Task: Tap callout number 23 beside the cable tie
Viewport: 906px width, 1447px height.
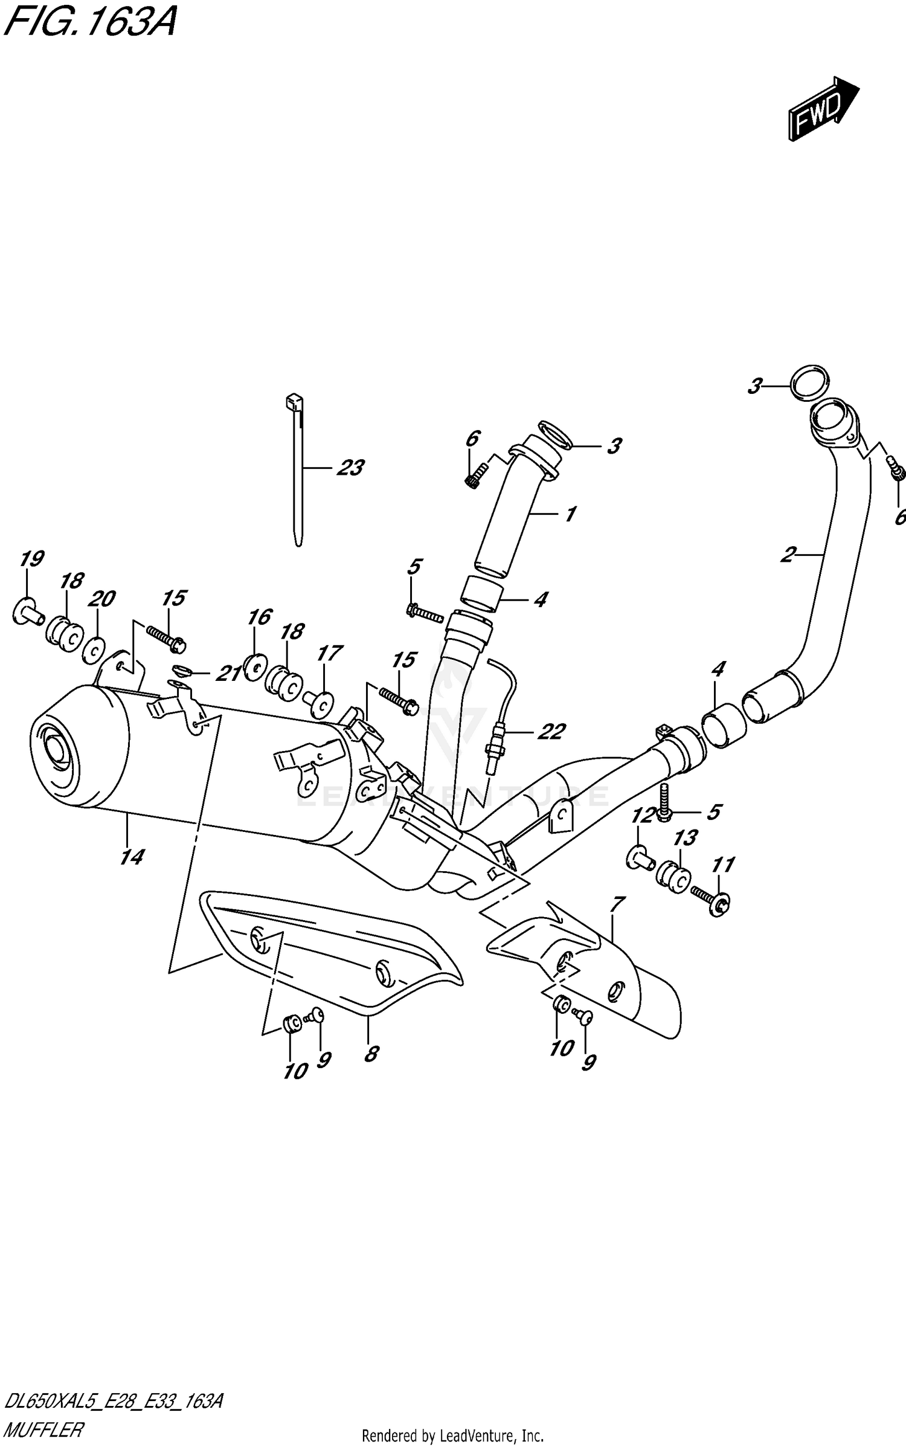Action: pyautogui.click(x=350, y=468)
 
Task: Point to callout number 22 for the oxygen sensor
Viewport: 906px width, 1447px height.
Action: pyautogui.click(x=550, y=732)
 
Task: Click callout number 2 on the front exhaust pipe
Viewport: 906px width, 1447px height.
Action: pyautogui.click(x=788, y=554)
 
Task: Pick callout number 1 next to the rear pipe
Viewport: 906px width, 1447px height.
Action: pyautogui.click(x=569, y=514)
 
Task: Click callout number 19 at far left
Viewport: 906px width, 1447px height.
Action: pyautogui.click(x=31, y=559)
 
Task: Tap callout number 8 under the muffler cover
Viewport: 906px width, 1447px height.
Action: pyautogui.click(x=371, y=1054)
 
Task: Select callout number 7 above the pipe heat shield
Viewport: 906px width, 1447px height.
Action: pyautogui.click(x=617, y=904)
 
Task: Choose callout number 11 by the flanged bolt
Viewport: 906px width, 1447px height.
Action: pyautogui.click(x=723, y=865)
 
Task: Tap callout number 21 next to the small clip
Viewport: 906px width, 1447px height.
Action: pyautogui.click(x=228, y=673)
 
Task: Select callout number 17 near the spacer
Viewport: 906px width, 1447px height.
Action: pyautogui.click(x=330, y=653)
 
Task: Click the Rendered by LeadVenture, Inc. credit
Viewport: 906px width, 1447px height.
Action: pyautogui.click(x=452, y=1436)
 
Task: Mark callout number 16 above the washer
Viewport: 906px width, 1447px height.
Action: pyautogui.click(x=260, y=617)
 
